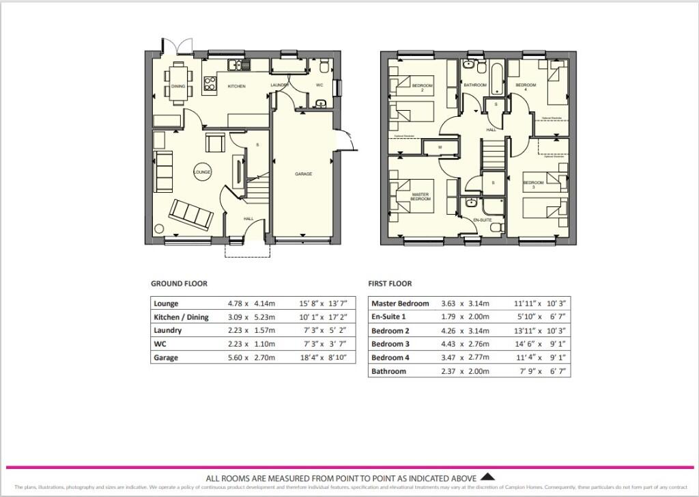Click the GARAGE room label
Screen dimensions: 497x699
[x=303, y=174]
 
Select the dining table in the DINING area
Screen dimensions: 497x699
[x=178, y=83]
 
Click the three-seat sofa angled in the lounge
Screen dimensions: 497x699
[x=192, y=214]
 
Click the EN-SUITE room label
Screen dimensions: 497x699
[x=483, y=219]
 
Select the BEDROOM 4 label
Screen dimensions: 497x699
[x=525, y=87]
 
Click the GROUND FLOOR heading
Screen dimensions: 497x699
[x=179, y=284]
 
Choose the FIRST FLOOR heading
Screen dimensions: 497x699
[x=390, y=284]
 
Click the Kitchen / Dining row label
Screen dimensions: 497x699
[x=181, y=317]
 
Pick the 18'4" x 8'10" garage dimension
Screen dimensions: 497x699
[x=319, y=358]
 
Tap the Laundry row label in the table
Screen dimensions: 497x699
[x=167, y=331]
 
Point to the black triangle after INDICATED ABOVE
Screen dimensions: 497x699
[x=487, y=477]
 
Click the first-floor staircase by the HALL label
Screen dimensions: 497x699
[x=492, y=152]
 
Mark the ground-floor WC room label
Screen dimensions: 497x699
[x=319, y=85]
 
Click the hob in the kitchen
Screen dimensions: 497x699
[x=210, y=85]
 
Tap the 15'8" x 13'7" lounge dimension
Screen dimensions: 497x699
[x=319, y=304]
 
